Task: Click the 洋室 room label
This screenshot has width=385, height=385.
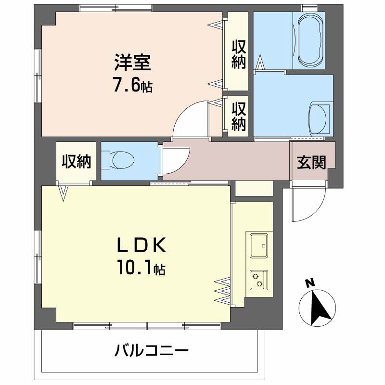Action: pyautogui.click(x=133, y=63)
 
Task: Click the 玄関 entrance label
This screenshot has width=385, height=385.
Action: pyautogui.click(x=311, y=163)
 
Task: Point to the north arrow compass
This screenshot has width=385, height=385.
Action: pyautogui.click(x=316, y=308)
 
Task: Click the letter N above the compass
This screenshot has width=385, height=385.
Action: pyautogui.click(x=310, y=283)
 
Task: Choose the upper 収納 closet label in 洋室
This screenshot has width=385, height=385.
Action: pyautogui.click(x=239, y=54)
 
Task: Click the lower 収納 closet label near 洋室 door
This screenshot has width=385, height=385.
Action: pyautogui.click(x=239, y=116)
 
